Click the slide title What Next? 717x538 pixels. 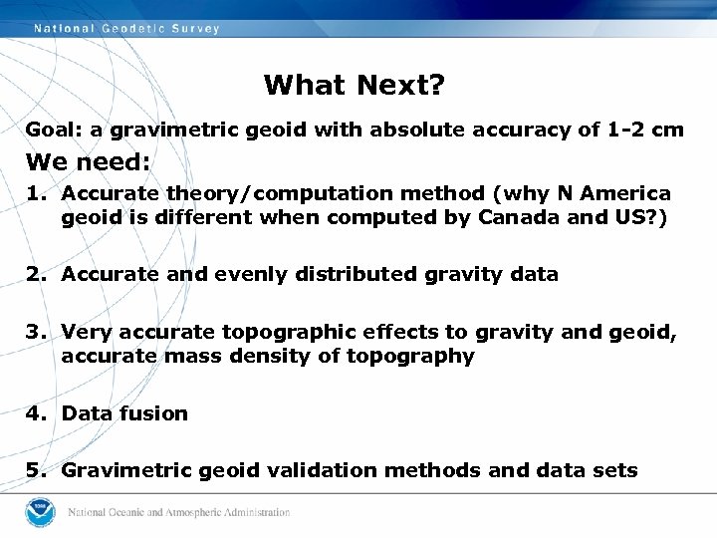point(355,86)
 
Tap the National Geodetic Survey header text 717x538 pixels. point(126,29)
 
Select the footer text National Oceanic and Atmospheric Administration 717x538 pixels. point(179,513)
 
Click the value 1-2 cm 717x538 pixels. point(645,130)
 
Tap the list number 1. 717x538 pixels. point(32,193)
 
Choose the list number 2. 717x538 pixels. point(32,274)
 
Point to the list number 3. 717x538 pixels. point(32,333)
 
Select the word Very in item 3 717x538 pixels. point(86,333)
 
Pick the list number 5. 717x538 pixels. point(32,470)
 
